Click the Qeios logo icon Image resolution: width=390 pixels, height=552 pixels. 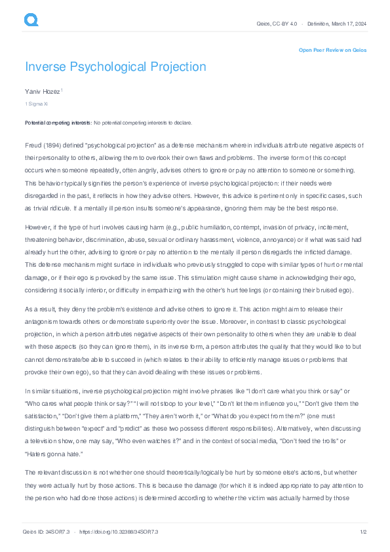coord(31,21)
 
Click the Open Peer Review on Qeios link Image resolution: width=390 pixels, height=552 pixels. coord(332,50)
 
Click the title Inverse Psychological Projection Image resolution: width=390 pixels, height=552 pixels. coord(115,67)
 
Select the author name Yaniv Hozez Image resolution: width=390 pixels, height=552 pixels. coord(42,91)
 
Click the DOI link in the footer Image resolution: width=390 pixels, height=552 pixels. coord(119,532)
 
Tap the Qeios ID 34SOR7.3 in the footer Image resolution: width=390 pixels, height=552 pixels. coord(45,532)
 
